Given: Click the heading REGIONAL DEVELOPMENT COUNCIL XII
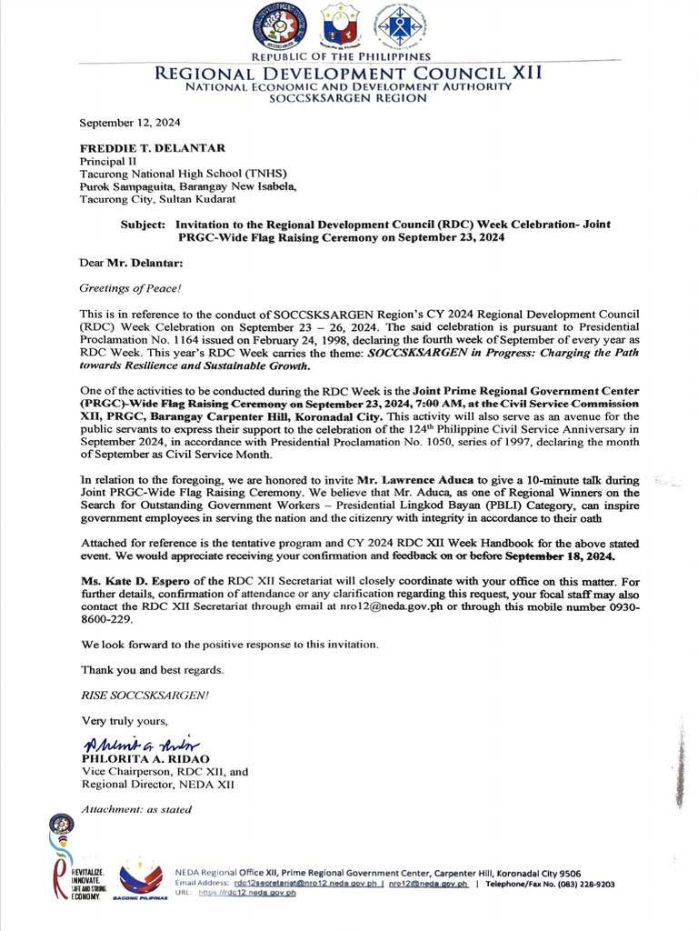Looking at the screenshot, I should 348,73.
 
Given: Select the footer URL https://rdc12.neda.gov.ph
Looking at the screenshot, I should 247,894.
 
